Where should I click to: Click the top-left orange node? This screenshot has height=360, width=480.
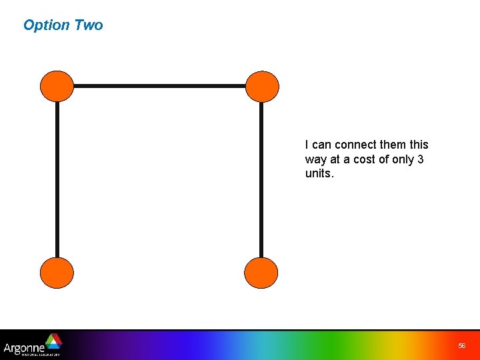coord(57,87)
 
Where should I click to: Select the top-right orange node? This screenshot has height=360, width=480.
coord(262,87)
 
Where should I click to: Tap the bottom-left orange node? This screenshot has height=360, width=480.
coord(57,273)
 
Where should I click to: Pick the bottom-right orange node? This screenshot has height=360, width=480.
coord(261,273)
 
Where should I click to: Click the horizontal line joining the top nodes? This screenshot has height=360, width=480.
coord(160,86)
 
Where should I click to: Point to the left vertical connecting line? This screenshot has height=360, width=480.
coord(57,180)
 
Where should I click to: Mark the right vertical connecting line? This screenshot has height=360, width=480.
coord(261,180)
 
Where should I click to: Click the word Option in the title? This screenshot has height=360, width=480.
coord(46,25)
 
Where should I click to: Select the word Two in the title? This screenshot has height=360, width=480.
coord(89,25)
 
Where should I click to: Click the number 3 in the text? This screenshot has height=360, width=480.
coord(421,159)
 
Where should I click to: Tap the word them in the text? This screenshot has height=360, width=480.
coord(393,145)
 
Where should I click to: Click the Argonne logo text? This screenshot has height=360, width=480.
coord(24,347)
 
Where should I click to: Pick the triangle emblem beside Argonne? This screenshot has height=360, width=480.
coord(53,341)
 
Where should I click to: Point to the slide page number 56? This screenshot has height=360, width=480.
coord(462,346)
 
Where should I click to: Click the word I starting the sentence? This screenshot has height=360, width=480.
coord(307,145)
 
